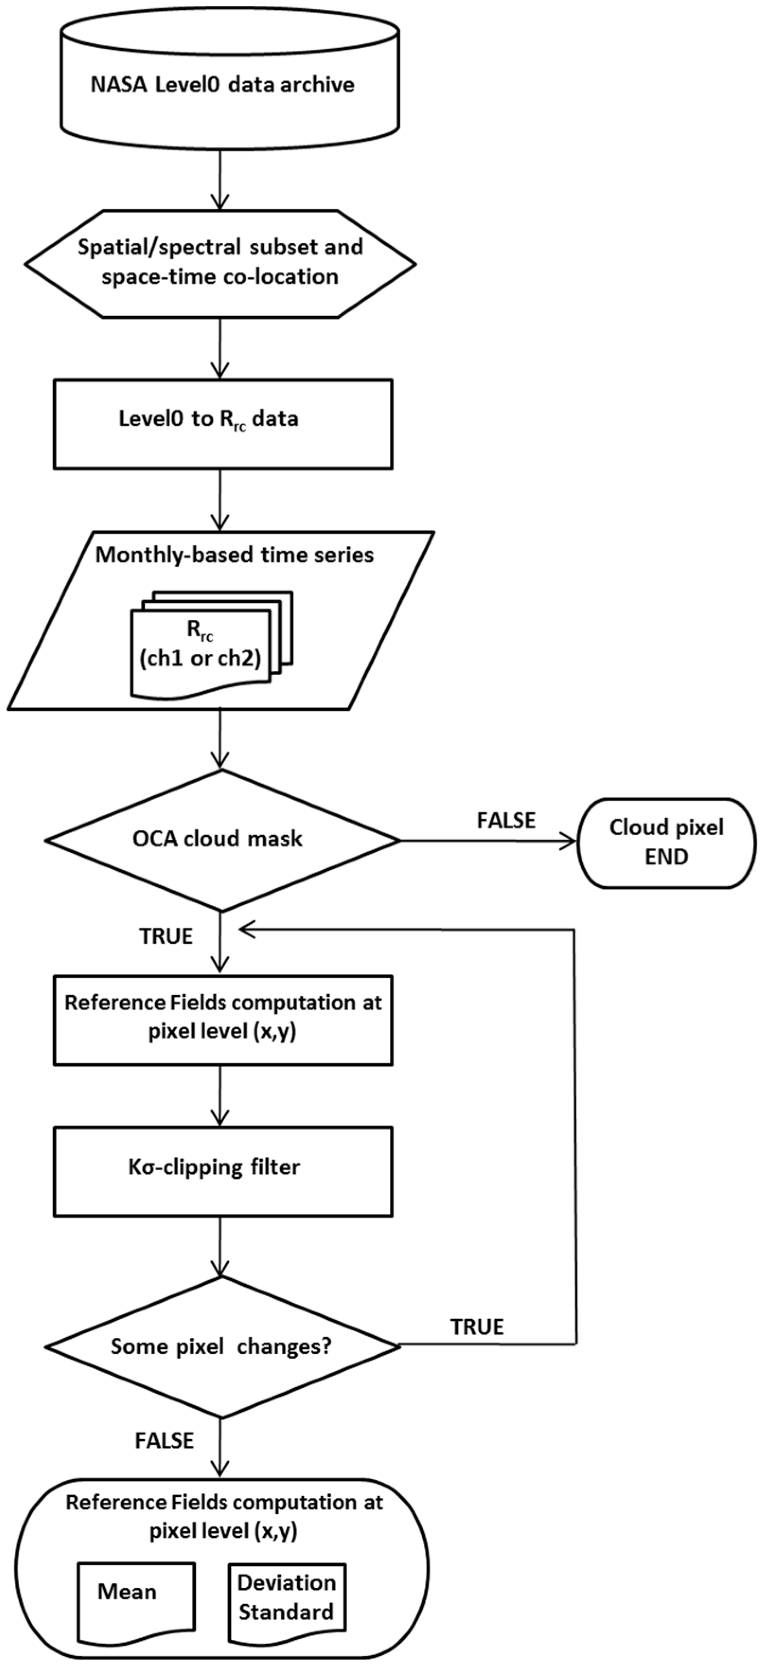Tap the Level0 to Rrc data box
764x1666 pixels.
click(x=222, y=424)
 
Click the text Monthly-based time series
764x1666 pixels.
click(x=235, y=555)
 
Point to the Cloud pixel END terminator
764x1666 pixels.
click(x=666, y=842)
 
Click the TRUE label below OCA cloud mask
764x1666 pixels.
click(x=166, y=936)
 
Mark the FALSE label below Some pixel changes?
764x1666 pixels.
click(x=164, y=1440)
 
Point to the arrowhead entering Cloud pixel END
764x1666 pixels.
click(x=569, y=841)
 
